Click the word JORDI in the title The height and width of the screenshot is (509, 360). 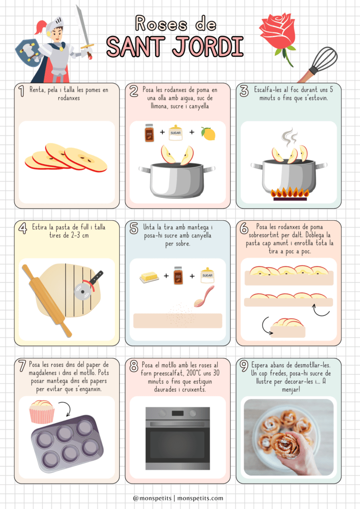click(208, 47)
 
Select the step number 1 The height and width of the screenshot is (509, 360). click(21, 91)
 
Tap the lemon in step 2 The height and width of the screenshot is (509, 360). click(208, 133)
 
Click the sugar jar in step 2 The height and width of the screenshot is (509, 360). click(176, 132)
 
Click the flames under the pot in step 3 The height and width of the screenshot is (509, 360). click(290, 193)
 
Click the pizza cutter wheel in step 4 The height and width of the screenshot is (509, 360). click(82, 291)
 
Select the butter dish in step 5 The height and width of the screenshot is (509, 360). click(149, 277)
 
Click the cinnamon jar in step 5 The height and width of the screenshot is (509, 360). click(178, 275)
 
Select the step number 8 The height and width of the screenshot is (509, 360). click(134, 366)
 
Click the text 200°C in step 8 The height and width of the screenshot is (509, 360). click(198, 373)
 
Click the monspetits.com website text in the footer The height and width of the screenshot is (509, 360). click(200, 498)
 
